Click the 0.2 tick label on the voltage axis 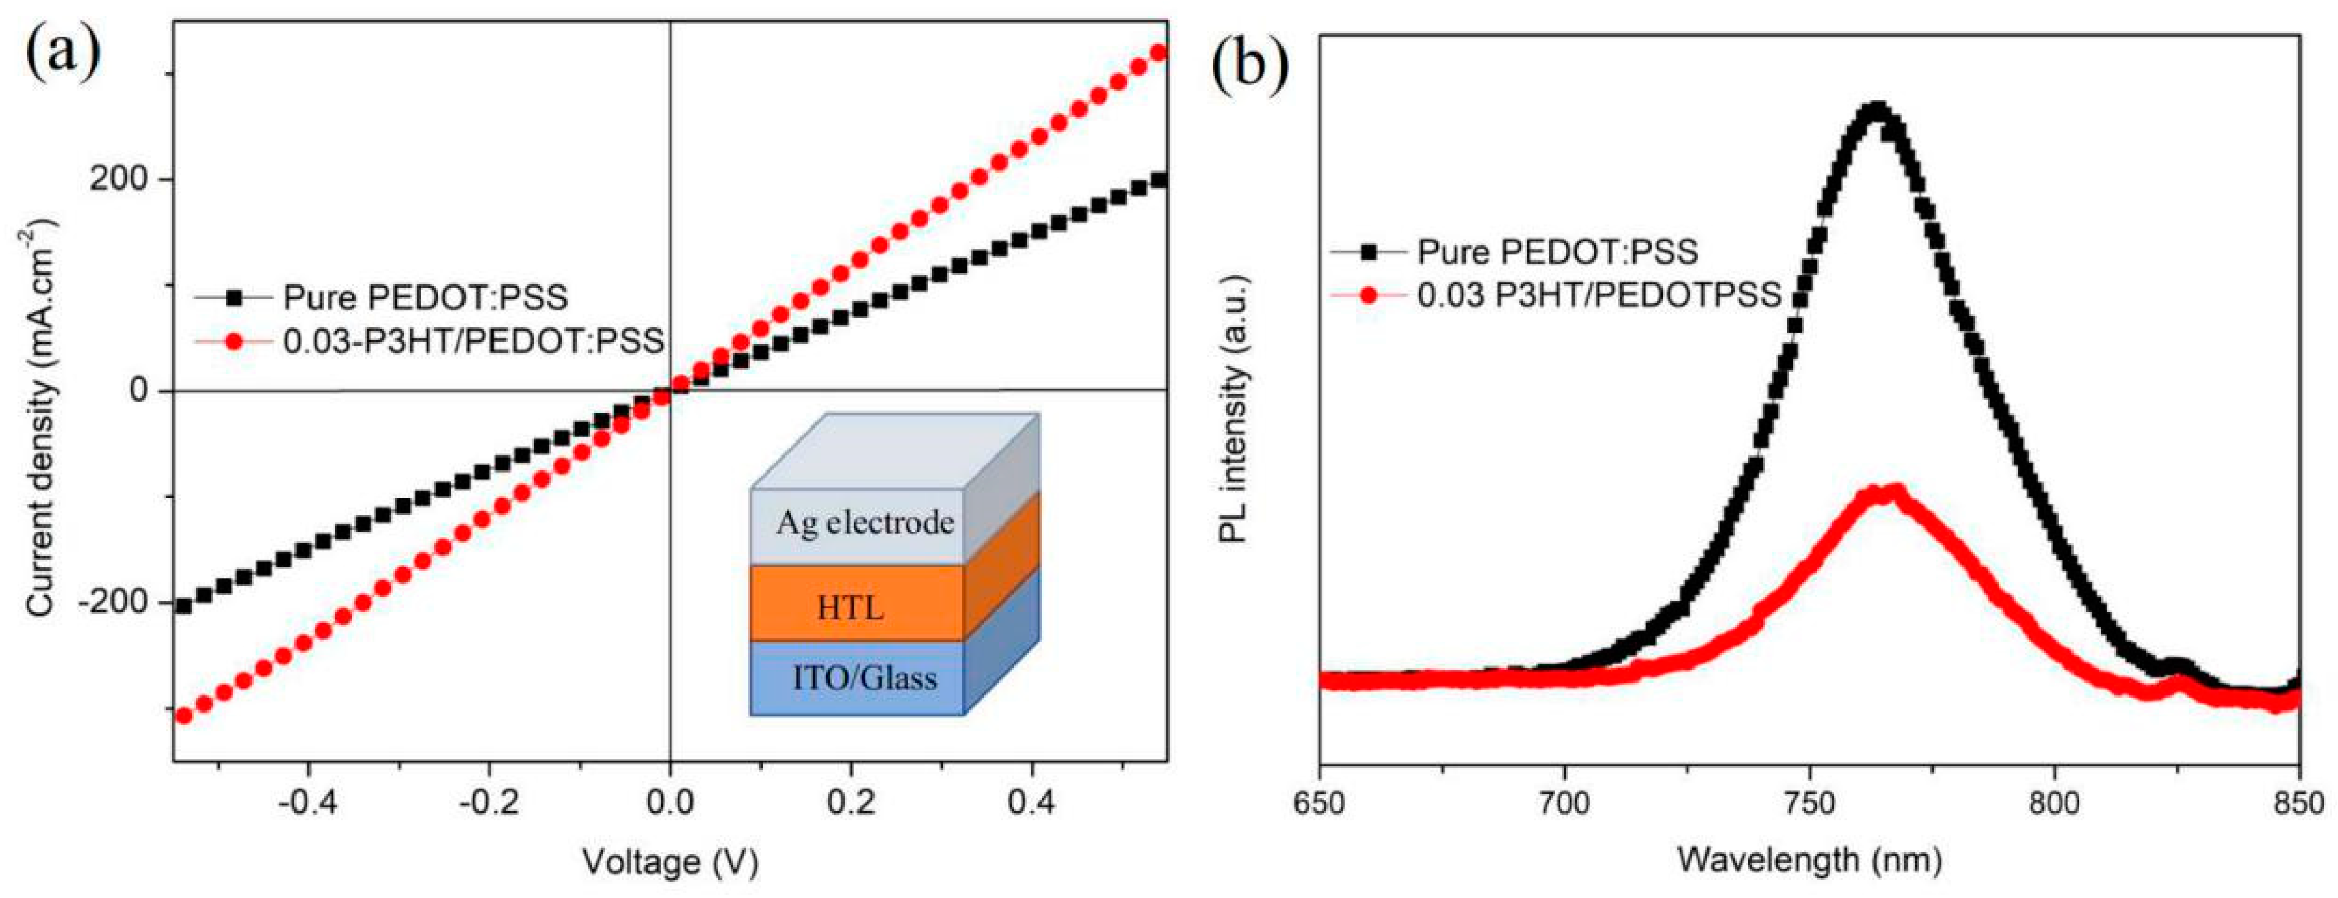tap(851, 804)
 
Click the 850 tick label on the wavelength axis tap(2297, 805)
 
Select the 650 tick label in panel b tap(1320, 805)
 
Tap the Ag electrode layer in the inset tap(864, 524)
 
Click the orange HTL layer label tap(851, 607)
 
